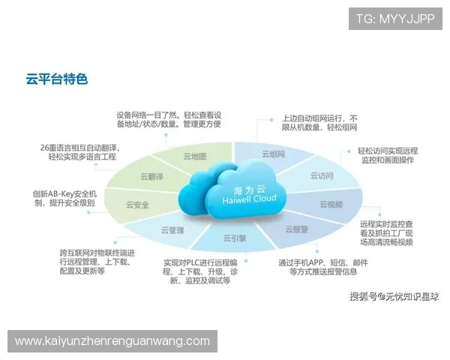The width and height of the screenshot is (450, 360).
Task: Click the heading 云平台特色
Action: point(56,79)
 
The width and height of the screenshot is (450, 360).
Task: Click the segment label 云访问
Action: point(322,175)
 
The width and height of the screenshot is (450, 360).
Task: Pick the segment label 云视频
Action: point(331,204)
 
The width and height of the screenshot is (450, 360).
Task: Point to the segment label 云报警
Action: point(296,229)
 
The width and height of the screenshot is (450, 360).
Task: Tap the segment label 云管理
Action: point(172,230)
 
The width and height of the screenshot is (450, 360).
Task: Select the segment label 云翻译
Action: point(151,176)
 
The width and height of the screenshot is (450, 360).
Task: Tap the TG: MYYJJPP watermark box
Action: point(394,19)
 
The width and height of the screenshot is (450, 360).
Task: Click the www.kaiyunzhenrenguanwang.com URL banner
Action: point(112,341)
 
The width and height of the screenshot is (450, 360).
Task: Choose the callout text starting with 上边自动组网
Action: point(319,123)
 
